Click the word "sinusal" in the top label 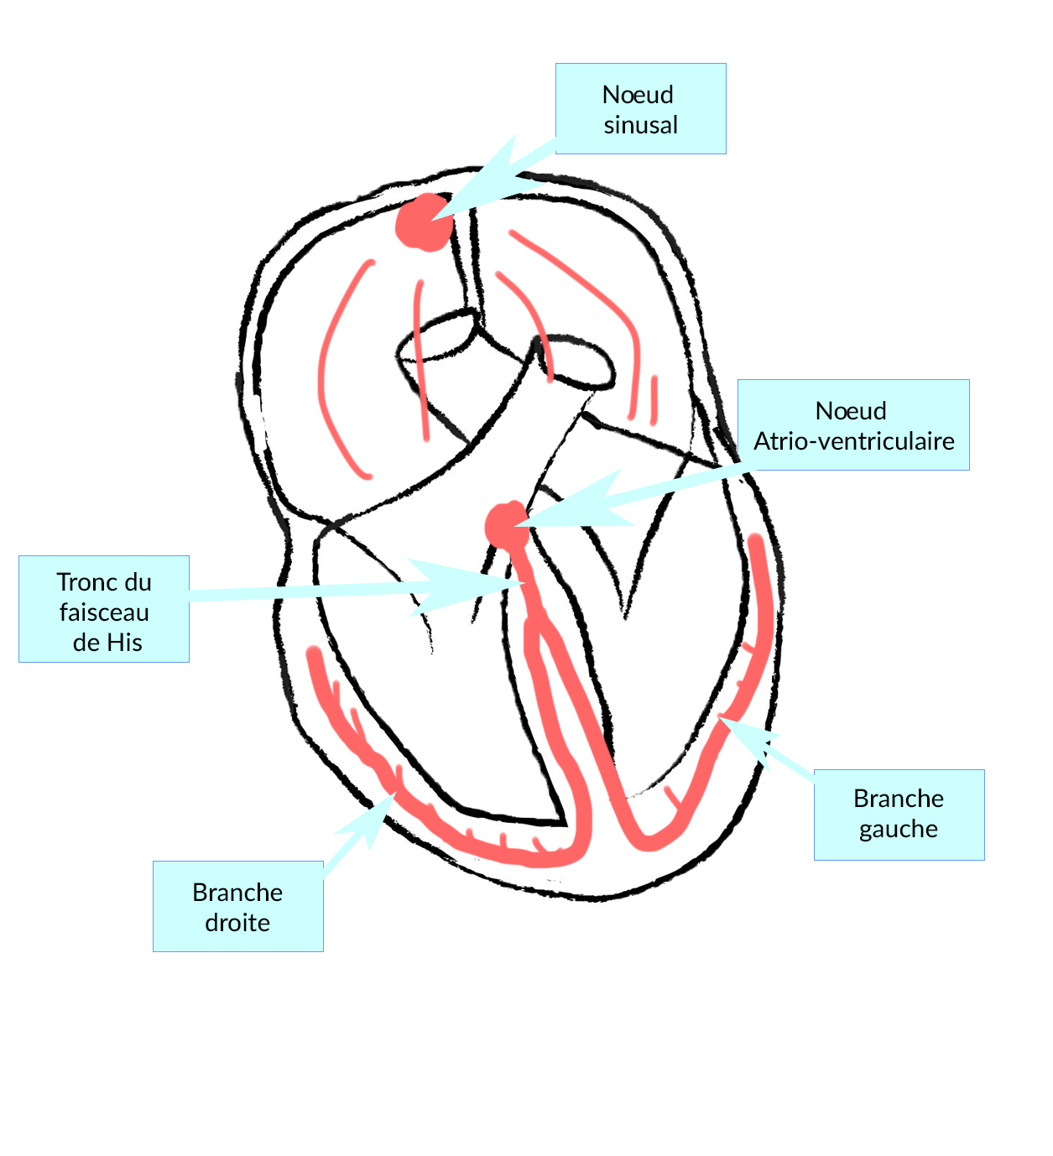click(x=640, y=125)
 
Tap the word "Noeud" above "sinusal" click(x=638, y=95)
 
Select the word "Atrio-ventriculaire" click(x=853, y=441)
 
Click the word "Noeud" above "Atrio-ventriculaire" click(x=851, y=411)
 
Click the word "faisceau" click(x=104, y=612)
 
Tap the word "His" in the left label click(x=125, y=643)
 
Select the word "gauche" click(x=899, y=829)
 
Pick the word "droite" click(x=237, y=923)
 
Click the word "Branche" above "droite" click(x=237, y=893)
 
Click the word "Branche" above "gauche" click(x=899, y=799)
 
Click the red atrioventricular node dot click(x=506, y=525)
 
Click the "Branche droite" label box click(x=237, y=906)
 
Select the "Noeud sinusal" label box click(x=640, y=109)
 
